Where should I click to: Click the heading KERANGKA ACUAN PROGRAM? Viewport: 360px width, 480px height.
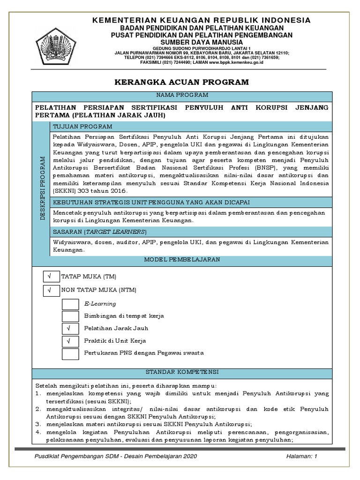click(182, 82)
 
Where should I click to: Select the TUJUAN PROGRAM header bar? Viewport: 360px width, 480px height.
click(190, 127)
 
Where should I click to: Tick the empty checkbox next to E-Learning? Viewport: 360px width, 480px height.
click(71, 304)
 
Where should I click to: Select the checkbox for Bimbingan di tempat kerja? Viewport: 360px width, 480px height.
click(71, 316)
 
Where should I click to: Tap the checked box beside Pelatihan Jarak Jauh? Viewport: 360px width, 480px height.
click(71, 329)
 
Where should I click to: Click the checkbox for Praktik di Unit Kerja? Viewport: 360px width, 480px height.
click(71, 341)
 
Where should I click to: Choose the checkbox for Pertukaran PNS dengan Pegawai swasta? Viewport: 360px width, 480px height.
click(71, 353)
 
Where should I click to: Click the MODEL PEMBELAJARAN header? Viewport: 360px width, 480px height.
click(182, 260)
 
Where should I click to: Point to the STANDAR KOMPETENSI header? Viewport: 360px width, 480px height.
click(182, 372)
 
